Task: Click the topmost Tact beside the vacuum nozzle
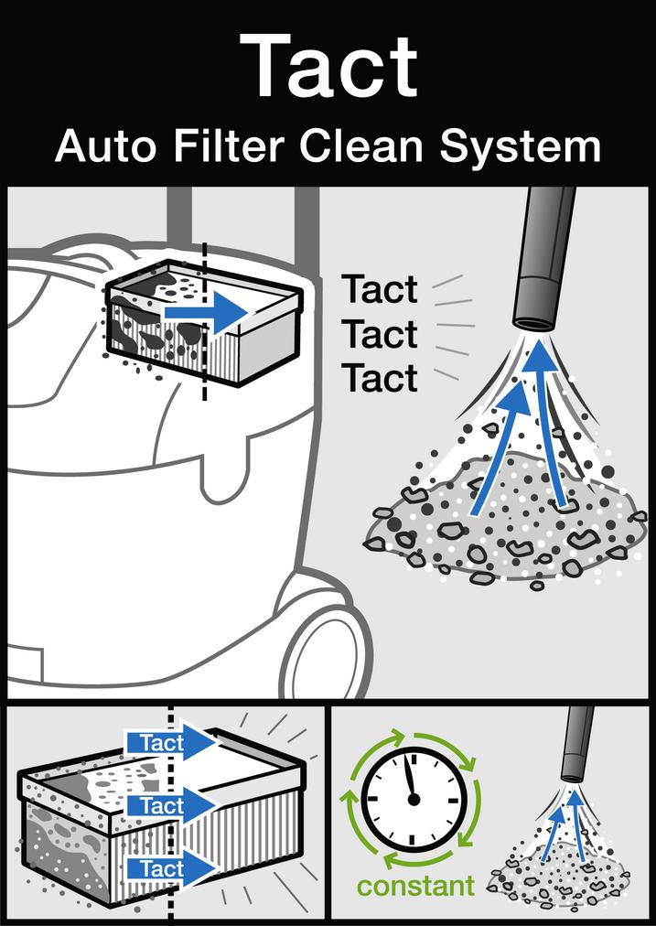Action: [x=380, y=291]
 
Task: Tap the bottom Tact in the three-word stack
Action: [x=380, y=378]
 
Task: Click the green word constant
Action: [x=416, y=886]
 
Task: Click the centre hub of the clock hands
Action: [x=414, y=800]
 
